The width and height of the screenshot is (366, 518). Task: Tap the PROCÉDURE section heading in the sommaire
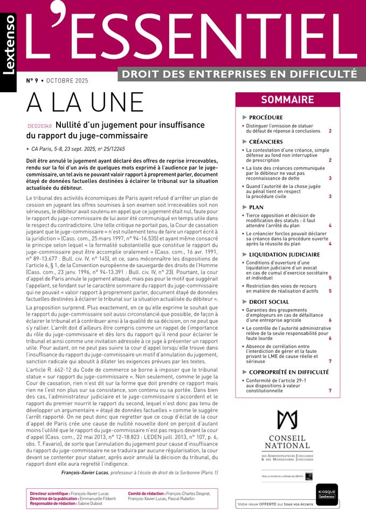coord(266,117)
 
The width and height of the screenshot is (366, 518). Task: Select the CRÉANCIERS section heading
coord(267,141)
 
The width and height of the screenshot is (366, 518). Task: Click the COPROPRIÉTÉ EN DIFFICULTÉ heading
coord(288,372)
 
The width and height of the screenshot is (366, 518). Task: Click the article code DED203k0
coord(39,125)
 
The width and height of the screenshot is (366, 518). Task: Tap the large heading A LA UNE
coord(85,103)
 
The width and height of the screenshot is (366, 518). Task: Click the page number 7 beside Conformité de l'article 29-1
coord(330,390)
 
